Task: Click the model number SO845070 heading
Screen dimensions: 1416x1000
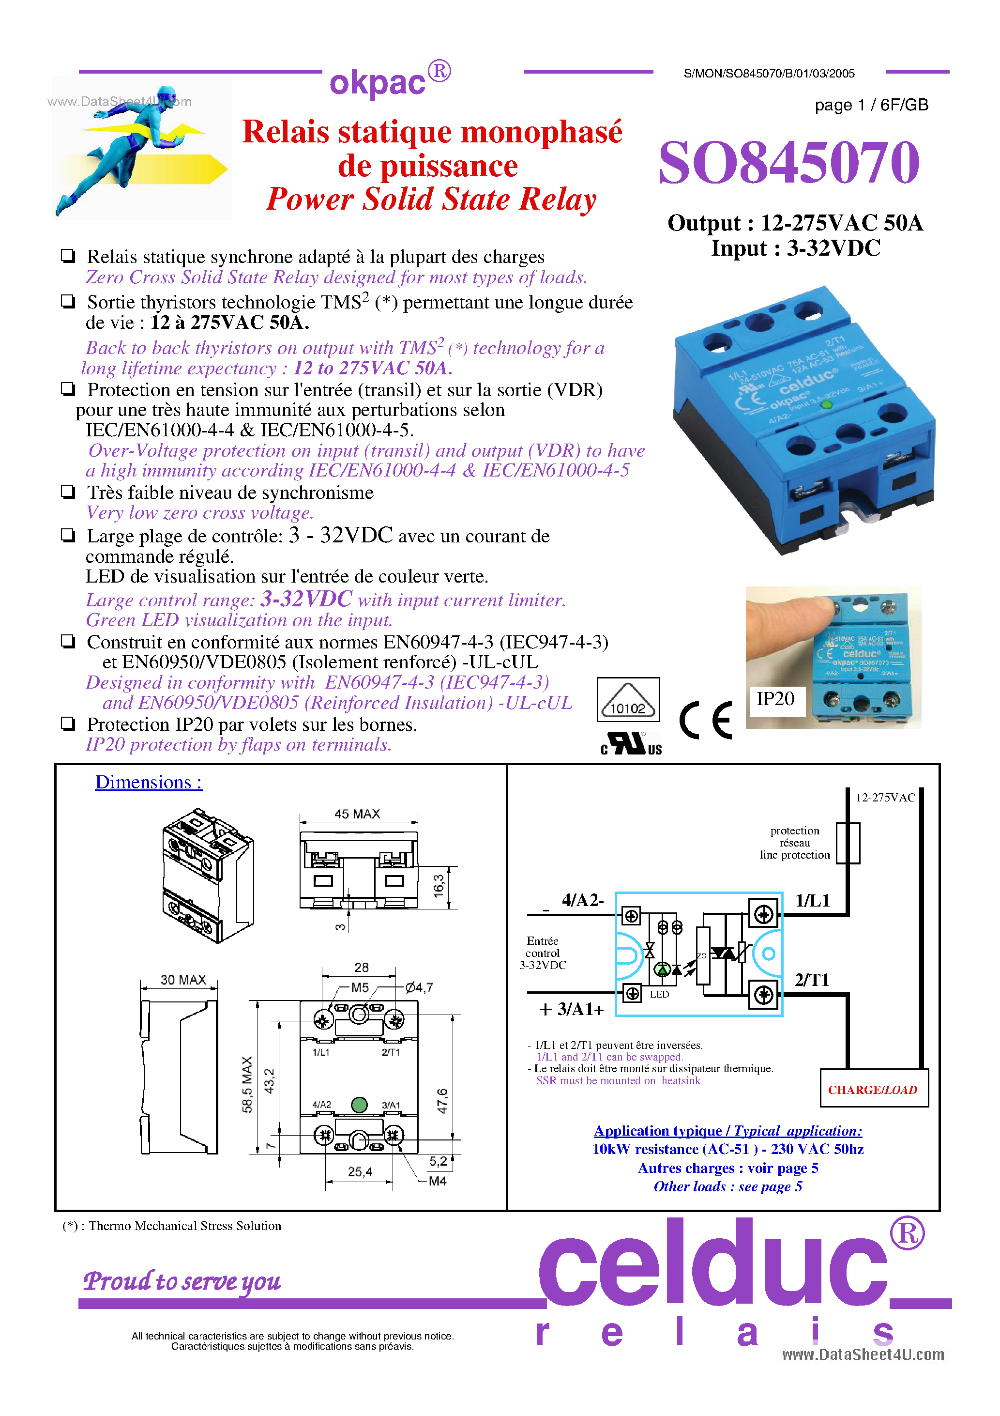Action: coord(788,163)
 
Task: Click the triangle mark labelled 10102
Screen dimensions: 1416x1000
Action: coord(628,699)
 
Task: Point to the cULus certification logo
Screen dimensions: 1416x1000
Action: coord(631,744)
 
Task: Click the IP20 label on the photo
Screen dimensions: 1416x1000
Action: coord(775,699)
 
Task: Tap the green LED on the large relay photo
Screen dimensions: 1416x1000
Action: coord(827,404)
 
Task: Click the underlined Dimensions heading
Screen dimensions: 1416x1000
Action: coord(148,782)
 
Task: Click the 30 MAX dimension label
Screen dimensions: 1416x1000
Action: coord(182,980)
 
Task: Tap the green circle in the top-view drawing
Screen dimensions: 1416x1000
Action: coord(359,1105)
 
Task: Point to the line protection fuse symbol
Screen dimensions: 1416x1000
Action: coord(848,843)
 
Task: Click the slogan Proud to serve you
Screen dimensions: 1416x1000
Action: coord(182,1281)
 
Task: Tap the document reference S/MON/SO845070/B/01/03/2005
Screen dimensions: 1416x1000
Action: coord(769,74)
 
